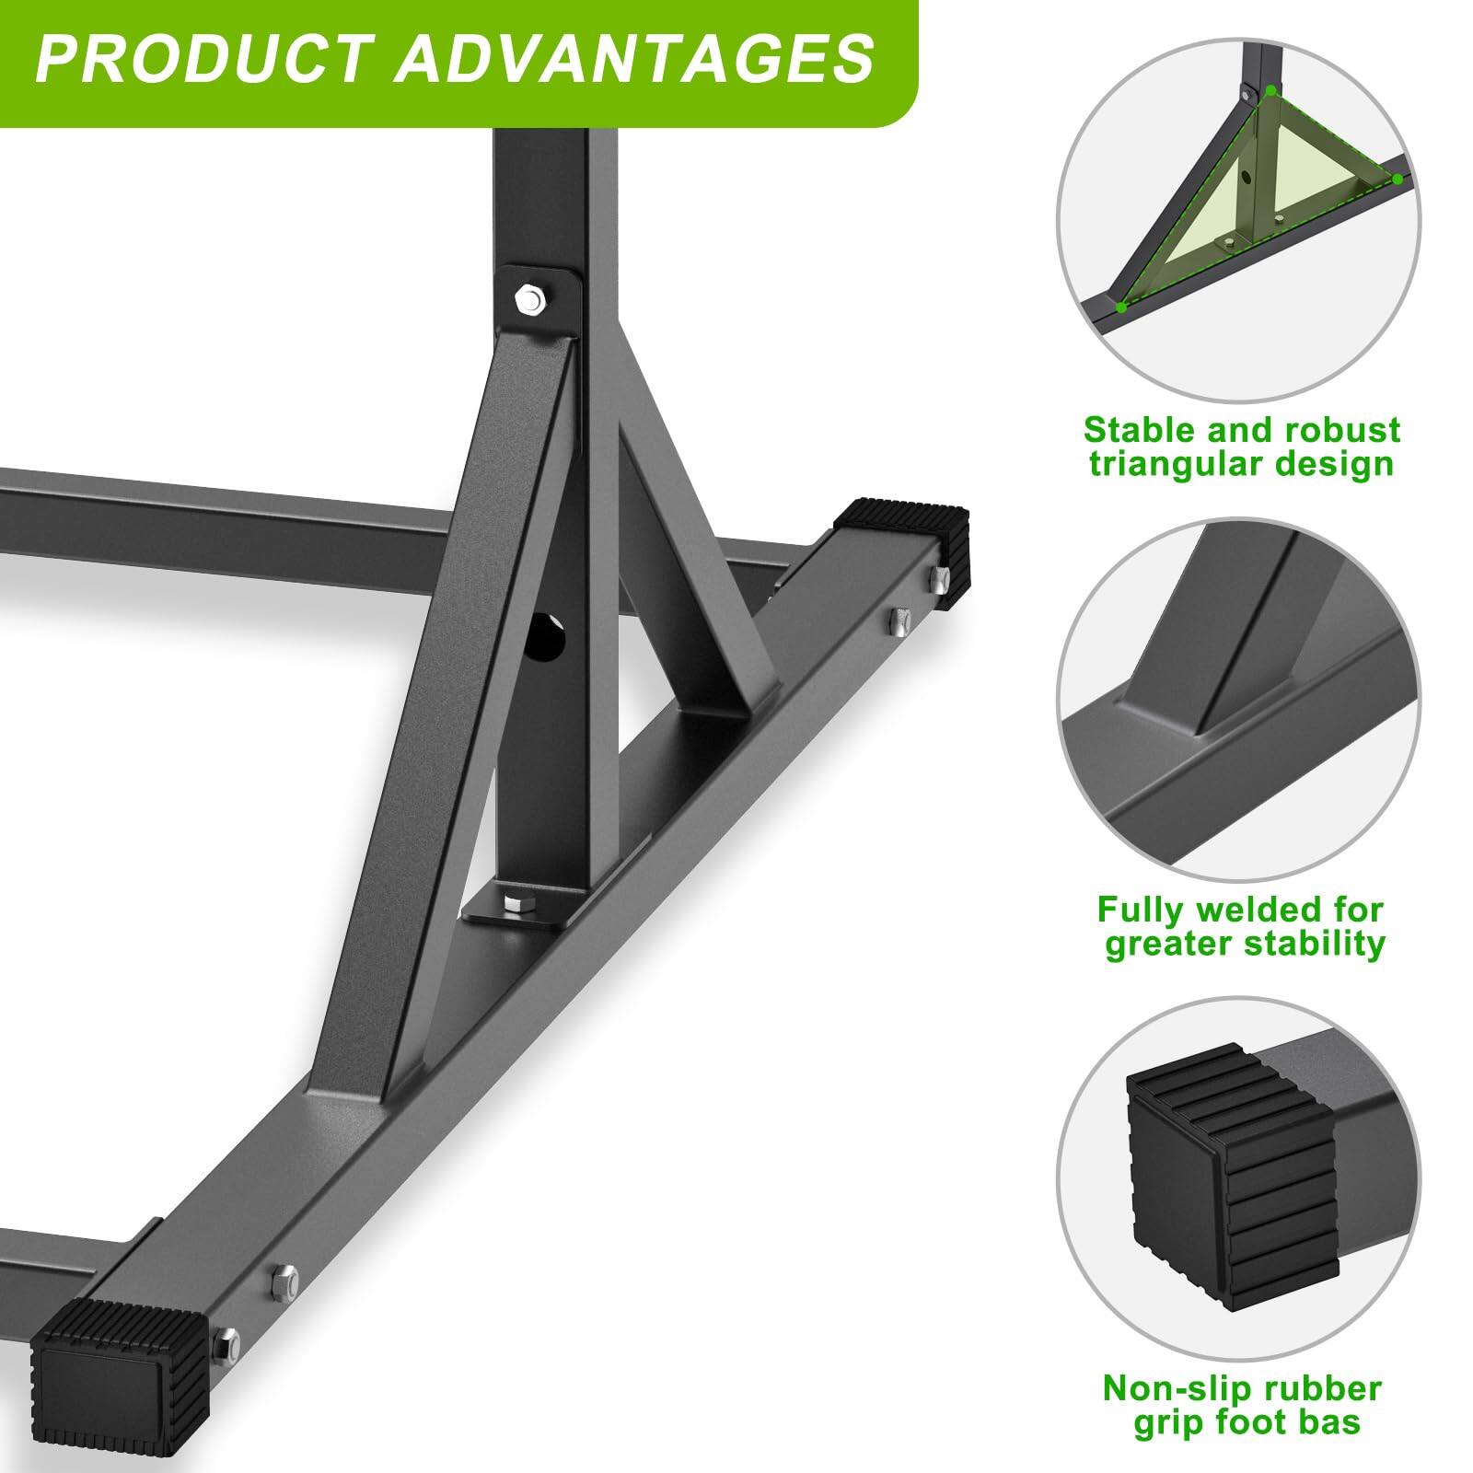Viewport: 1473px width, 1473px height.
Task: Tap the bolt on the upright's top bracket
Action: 531,299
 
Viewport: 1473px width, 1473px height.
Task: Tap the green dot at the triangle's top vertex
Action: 1271,90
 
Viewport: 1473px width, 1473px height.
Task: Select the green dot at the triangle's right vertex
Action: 1397,178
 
